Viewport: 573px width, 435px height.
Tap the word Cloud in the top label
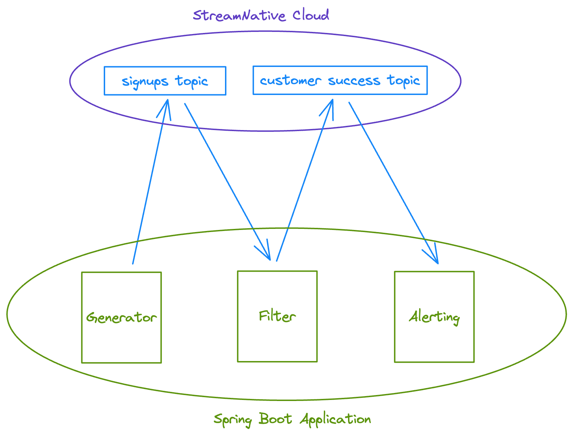[311, 15]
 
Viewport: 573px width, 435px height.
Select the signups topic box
[165, 81]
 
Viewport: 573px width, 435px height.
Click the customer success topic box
[340, 81]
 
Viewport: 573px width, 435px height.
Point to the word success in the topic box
[354, 81]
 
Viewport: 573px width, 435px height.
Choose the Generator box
[121, 317]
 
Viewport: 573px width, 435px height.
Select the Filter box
[277, 316]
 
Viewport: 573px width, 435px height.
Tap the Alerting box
[434, 317]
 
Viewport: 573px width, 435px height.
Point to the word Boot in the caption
[275, 419]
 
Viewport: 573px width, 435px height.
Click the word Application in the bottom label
[335, 419]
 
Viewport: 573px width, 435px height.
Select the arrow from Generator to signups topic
[150, 182]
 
